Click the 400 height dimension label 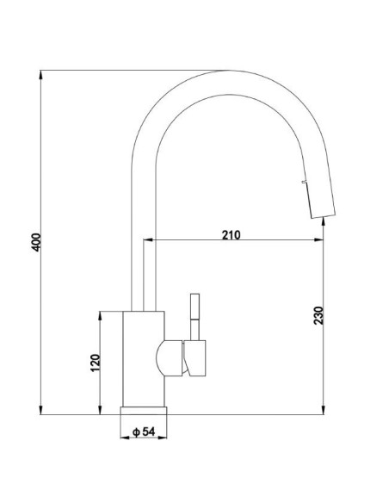click(x=37, y=242)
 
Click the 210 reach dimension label click(x=231, y=235)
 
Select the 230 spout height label click(x=318, y=315)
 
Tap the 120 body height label click(x=96, y=363)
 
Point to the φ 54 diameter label click(x=144, y=432)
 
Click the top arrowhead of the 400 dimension click(x=40, y=74)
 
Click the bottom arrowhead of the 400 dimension click(x=40, y=410)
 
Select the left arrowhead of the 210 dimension click(x=148, y=239)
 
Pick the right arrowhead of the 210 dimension click(x=318, y=239)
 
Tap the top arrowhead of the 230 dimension click(x=324, y=222)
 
